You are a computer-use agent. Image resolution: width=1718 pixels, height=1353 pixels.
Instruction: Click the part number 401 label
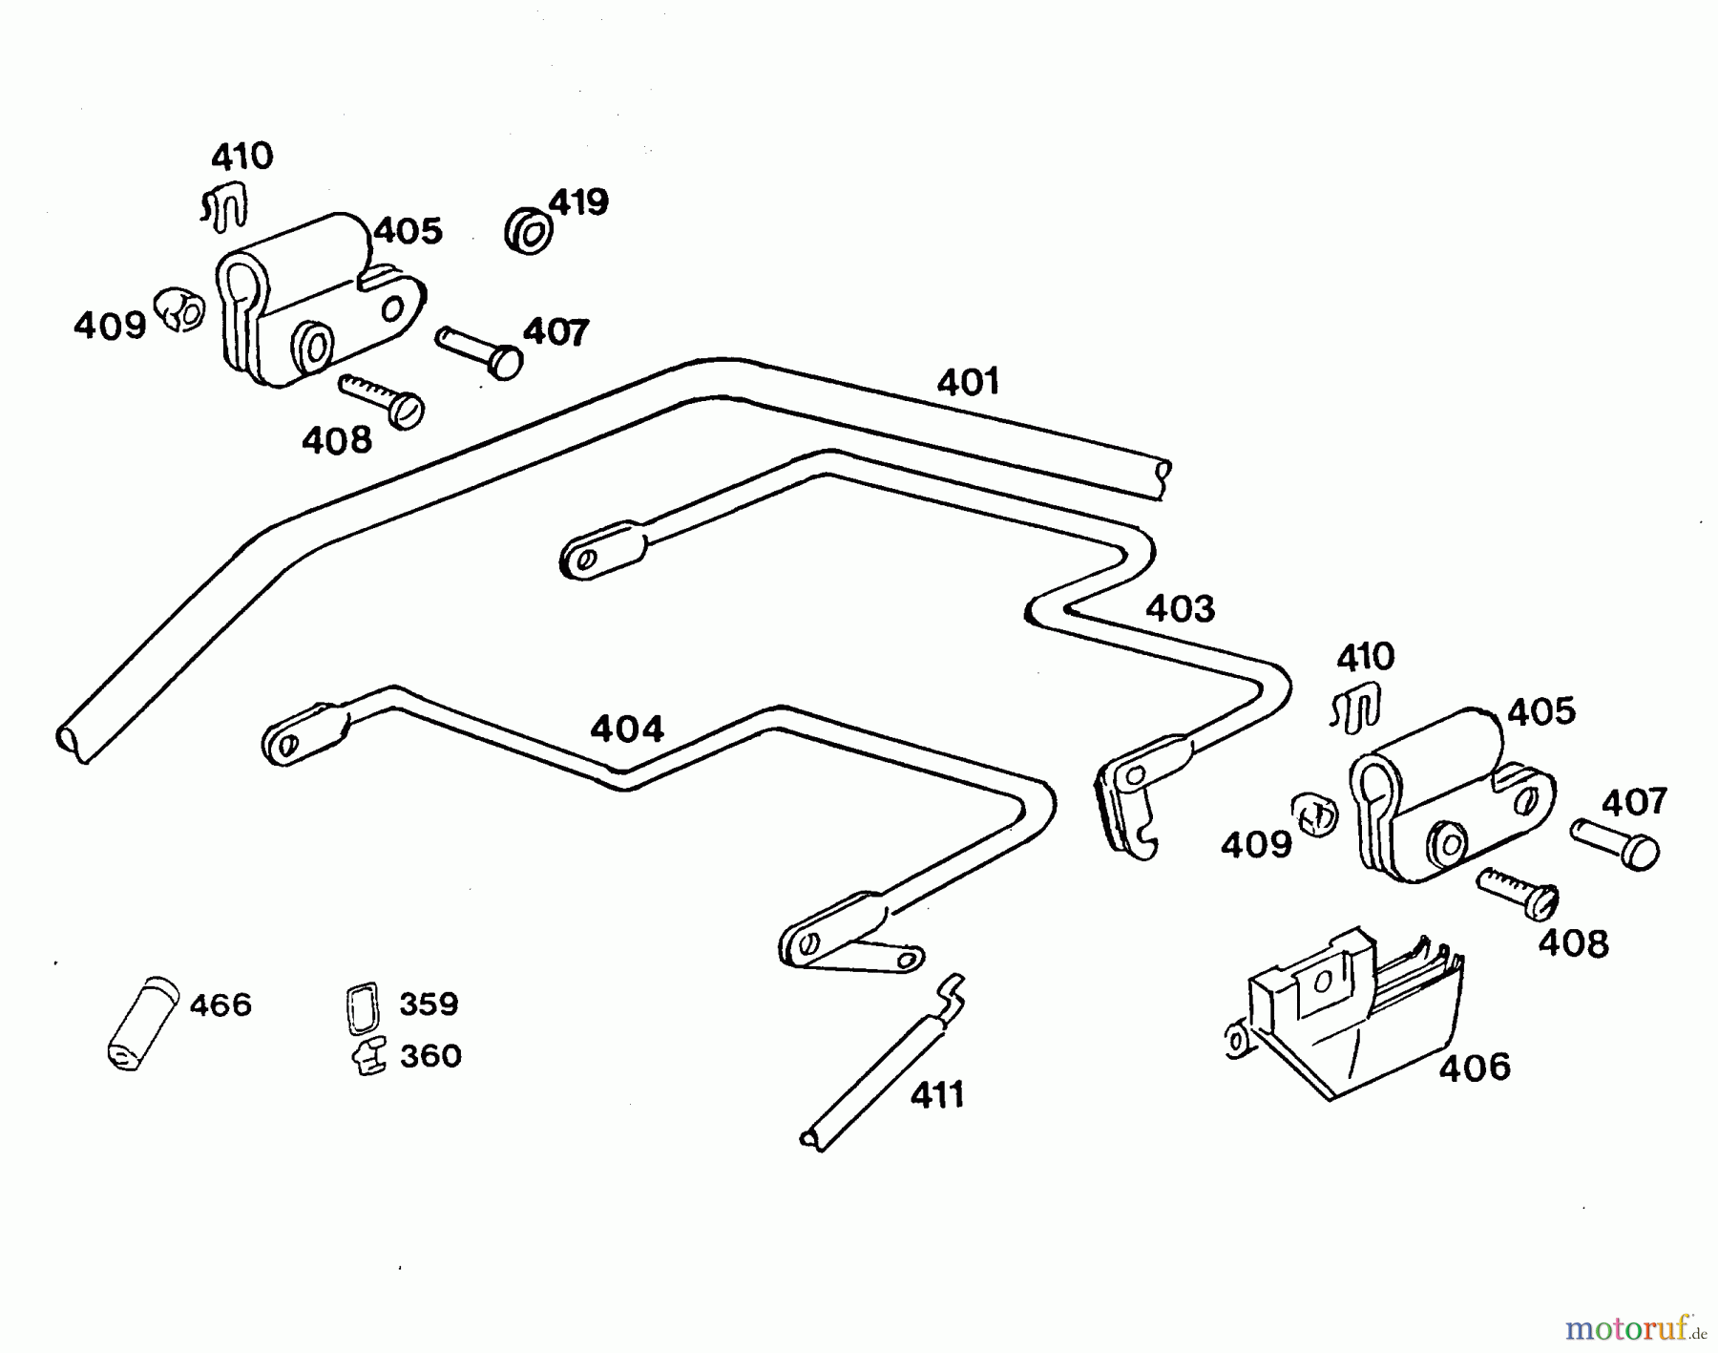(968, 382)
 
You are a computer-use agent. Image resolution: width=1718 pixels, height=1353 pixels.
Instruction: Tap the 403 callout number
(1180, 608)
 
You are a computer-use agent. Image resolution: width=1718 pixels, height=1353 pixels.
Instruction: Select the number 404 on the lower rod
(626, 729)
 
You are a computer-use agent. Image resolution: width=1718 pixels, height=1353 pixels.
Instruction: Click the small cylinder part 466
(141, 1024)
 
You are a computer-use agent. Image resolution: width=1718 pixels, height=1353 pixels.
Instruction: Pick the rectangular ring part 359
(362, 1007)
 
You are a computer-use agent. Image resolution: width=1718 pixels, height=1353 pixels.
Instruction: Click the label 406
(1475, 1068)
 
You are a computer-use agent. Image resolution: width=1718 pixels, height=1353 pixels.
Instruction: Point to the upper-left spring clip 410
(225, 207)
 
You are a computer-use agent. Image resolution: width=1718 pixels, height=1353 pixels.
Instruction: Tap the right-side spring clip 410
(1356, 707)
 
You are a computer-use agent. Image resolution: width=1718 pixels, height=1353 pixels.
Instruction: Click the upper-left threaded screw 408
(382, 398)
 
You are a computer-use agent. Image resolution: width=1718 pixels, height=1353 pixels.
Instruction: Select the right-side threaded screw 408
(1518, 893)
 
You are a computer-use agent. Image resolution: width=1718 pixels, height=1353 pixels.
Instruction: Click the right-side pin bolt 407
(1615, 843)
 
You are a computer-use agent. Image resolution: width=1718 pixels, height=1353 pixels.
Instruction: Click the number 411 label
(936, 1095)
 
